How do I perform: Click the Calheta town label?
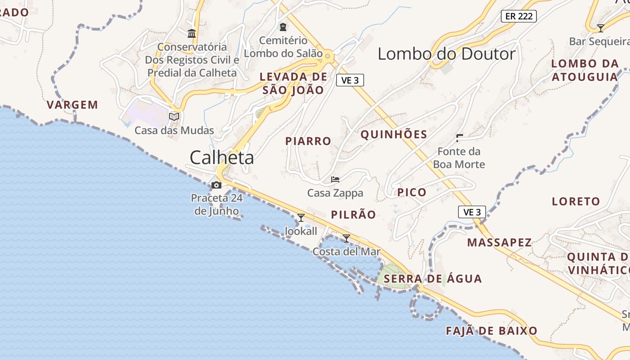click(221, 158)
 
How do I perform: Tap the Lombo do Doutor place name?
click(446, 54)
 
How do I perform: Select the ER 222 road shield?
click(519, 16)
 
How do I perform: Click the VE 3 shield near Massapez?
click(472, 212)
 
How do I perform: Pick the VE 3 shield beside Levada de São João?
click(350, 80)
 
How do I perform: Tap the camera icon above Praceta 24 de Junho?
click(216, 185)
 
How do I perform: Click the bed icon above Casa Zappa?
click(335, 180)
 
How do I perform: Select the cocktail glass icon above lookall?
click(301, 218)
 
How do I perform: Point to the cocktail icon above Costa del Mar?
click(346, 238)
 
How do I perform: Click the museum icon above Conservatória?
click(192, 33)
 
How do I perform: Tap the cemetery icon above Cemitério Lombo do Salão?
click(283, 27)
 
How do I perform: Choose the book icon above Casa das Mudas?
click(174, 117)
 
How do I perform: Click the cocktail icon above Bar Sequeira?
click(600, 28)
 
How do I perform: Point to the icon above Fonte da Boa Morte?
click(459, 138)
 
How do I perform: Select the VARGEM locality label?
click(72, 105)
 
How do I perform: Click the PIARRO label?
click(308, 141)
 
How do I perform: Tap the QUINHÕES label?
click(394, 134)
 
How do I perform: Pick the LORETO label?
click(576, 201)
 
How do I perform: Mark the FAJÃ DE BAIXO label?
click(491, 331)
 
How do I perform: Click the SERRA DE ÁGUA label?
click(432, 279)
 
